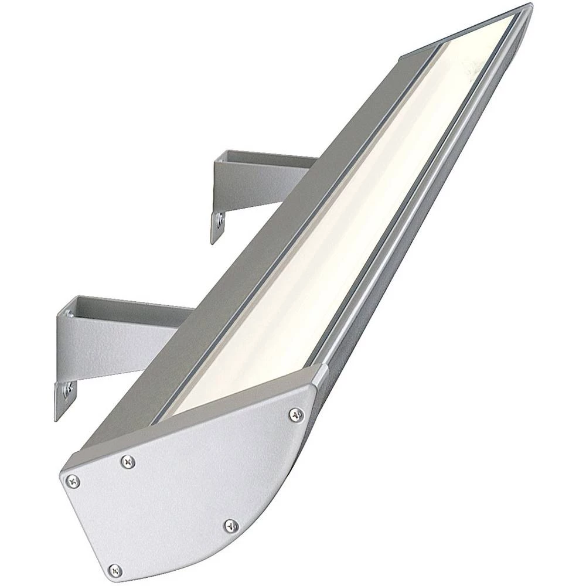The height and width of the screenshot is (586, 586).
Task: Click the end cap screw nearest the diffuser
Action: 297,415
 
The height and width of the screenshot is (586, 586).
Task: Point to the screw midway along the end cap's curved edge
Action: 231,526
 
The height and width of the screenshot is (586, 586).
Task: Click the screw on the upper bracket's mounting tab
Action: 219,222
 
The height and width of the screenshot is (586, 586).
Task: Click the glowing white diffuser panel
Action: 328,234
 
